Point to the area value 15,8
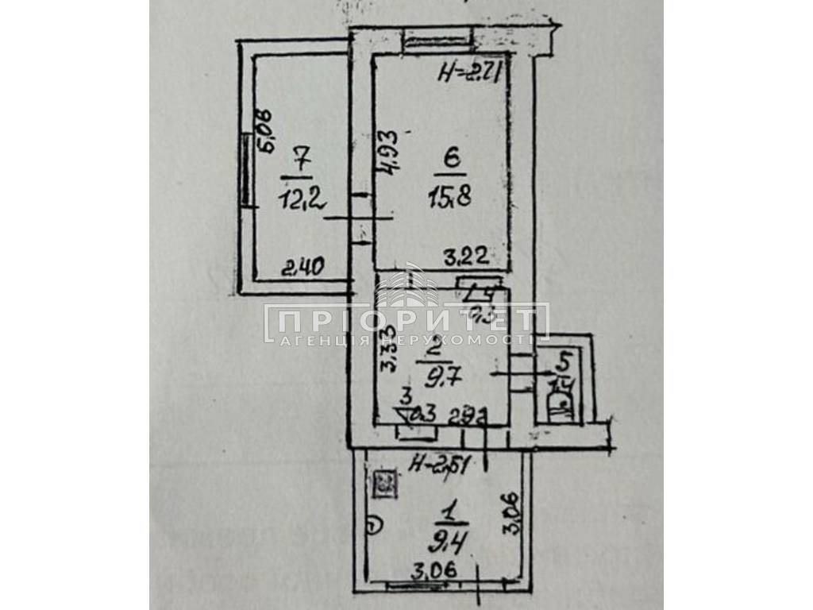453,195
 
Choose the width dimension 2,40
303,269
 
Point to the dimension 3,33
387,349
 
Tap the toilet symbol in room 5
561,405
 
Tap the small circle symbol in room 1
376,523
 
